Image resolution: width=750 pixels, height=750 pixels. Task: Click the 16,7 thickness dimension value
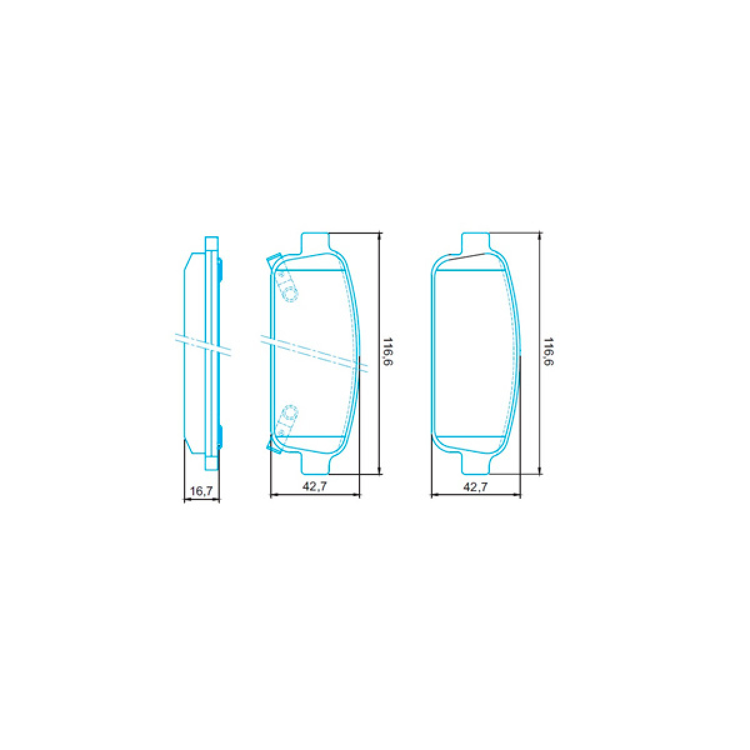201,492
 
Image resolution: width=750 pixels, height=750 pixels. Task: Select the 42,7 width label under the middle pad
315,486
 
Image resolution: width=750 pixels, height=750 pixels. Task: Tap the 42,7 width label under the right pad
476,486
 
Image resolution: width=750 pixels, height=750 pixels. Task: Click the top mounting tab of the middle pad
316,242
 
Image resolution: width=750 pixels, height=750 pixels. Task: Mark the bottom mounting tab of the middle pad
316,462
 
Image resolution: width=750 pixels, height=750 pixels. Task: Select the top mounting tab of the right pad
475,242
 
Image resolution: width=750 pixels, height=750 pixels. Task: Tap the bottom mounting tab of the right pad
475,462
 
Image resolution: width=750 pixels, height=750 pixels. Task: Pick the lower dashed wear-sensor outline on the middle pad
287,419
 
